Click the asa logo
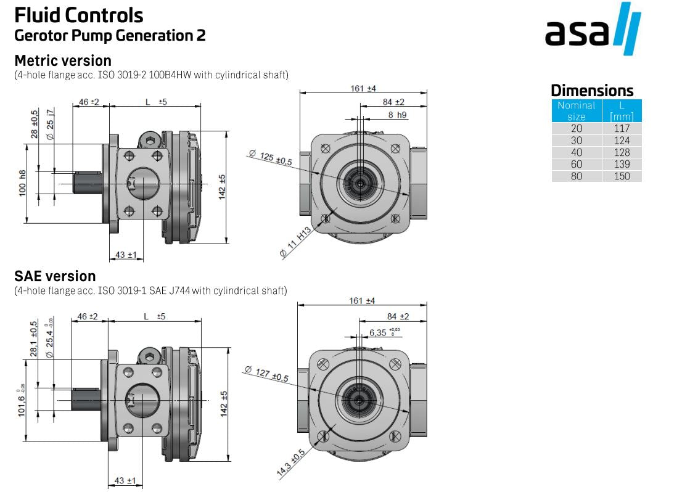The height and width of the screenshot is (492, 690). (593, 30)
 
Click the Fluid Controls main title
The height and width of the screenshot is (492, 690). (78, 14)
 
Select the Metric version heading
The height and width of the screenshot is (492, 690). (62, 60)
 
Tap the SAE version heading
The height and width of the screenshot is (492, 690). (55, 276)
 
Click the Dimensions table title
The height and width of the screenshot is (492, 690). (591, 90)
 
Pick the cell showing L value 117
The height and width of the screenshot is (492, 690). (622, 128)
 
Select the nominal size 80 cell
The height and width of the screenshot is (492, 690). (576, 176)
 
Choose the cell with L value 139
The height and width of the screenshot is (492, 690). (622, 164)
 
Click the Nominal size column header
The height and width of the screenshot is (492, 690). (576, 110)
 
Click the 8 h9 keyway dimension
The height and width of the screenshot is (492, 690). (397, 115)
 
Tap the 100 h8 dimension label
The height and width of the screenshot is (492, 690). (23, 183)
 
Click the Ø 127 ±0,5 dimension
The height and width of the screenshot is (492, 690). (266, 374)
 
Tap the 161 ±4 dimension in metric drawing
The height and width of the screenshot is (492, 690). (363, 88)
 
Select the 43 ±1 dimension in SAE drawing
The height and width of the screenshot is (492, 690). (125, 480)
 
